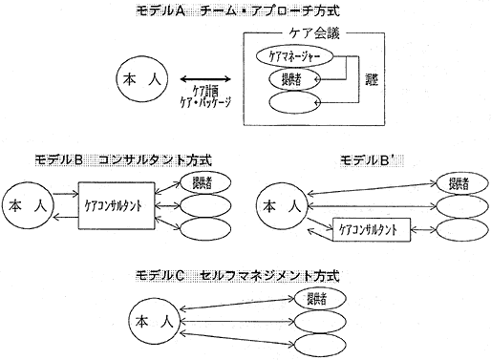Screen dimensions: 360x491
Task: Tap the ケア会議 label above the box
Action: pos(299,32)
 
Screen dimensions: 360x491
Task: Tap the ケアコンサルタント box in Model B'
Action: pos(369,229)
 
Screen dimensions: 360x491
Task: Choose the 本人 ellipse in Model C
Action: pos(155,318)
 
